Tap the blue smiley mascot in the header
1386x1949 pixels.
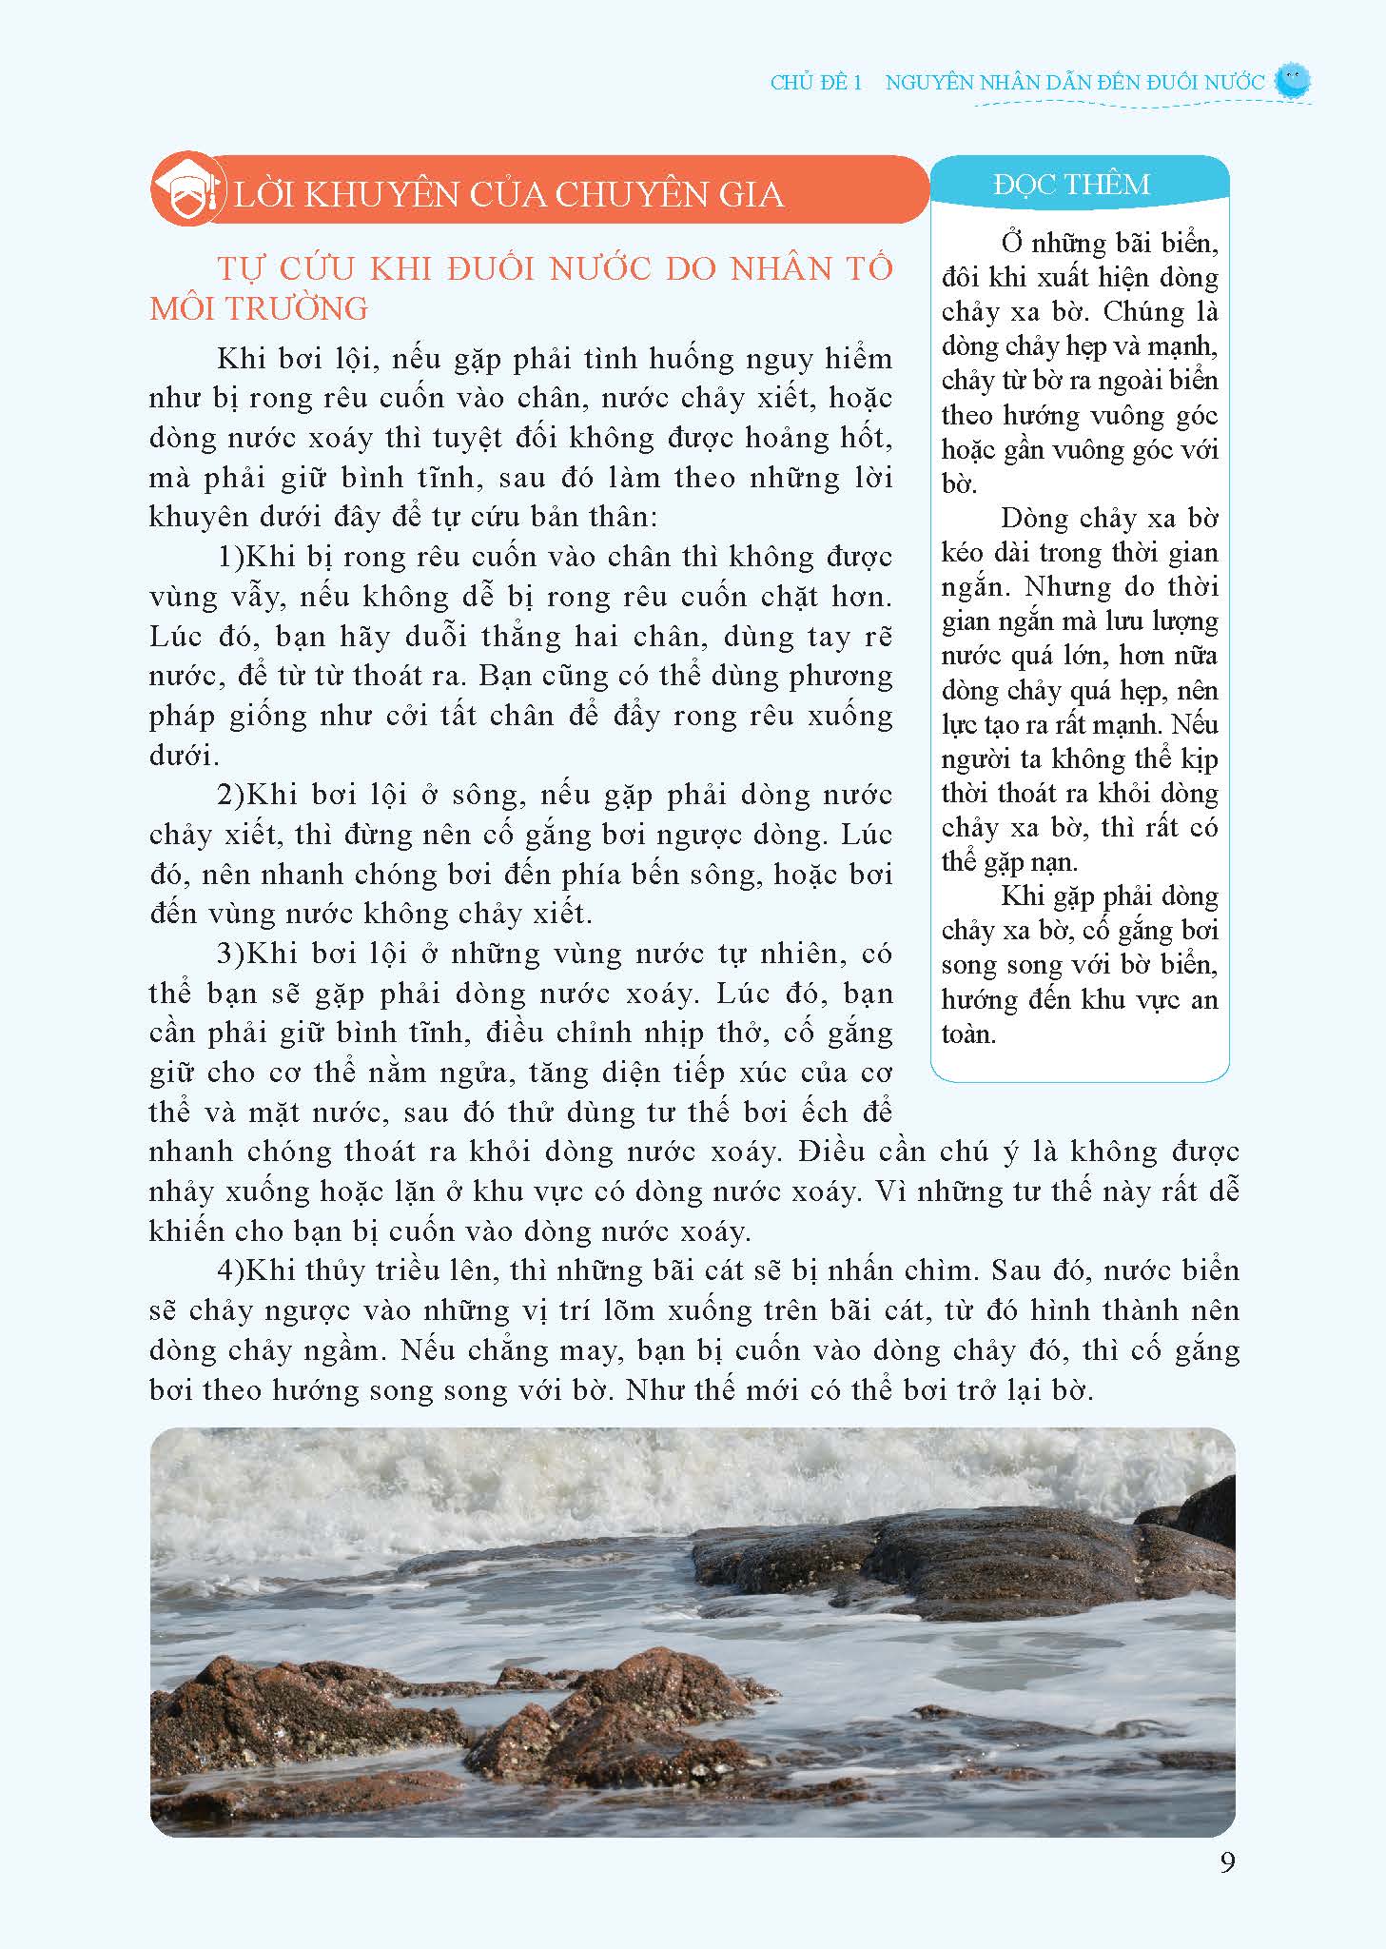coord(1291,82)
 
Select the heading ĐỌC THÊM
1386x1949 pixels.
coord(1071,184)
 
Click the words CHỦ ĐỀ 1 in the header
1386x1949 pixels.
coord(815,83)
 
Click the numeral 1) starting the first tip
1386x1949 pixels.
coord(231,557)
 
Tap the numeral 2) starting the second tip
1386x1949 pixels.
coord(231,795)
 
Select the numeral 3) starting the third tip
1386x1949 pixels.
coord(231,954)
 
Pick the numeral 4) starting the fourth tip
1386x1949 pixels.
coord(231,1270)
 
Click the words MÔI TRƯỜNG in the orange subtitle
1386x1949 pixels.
coord(259,308)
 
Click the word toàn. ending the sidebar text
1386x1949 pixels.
coord(968,1034)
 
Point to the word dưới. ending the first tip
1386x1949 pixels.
coord(185,756)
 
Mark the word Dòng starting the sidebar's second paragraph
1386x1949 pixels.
coord(1034,519)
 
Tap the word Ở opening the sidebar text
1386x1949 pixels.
coord(1011,244)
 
